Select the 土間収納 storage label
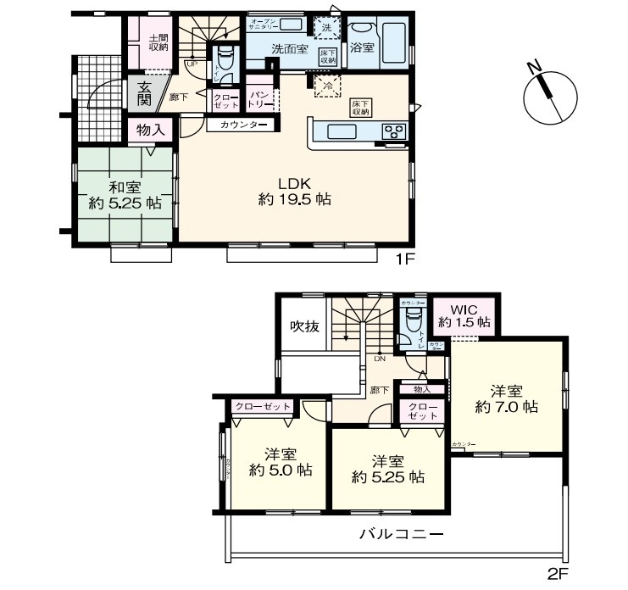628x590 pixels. tap(158, 43)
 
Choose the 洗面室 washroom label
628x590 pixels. tap(289, 50)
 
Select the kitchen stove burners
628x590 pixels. tap(394, 131)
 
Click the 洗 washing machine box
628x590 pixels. tap(326, 27)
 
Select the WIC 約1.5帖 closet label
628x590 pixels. tap(464, 315)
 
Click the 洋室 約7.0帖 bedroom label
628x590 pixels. tap(506, 398)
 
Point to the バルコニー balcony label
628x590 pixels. tap(402, 534)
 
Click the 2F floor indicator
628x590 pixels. tap(557, 574)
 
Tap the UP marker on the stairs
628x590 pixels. tap(193, 64)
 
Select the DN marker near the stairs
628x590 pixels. tap(379, 358)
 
